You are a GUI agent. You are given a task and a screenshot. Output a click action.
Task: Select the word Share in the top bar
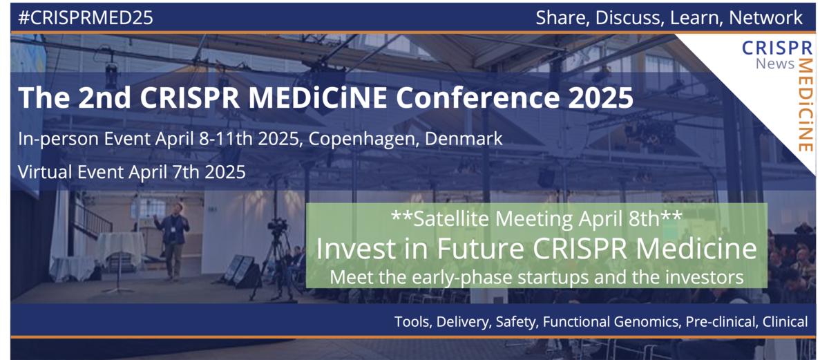(x=559, y=19)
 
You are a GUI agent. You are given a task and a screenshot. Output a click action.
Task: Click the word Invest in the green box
(x=352, y=249)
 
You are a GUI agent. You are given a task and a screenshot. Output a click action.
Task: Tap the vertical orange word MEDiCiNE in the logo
(x=805, y=104)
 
